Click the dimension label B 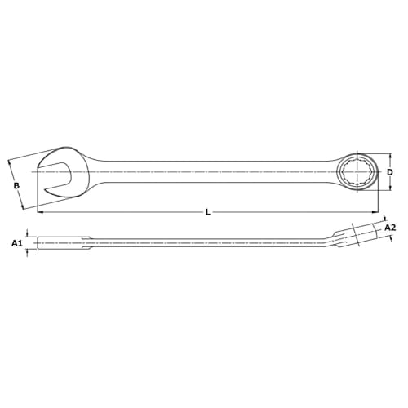click(x=16, y=186)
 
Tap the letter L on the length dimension click(x=208, y=212)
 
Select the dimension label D click(x=390, y=172)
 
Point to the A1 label click(x=16, y=243)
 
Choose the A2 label click(x=389, y=228)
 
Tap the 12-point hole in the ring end click(x=358, y=172)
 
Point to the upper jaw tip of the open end click(x=42, y=160)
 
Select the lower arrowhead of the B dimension click(x=24, y=206)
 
